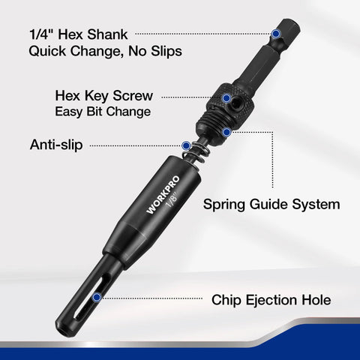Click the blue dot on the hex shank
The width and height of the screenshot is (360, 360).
point(277,34)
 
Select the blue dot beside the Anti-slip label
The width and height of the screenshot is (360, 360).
point(185,145)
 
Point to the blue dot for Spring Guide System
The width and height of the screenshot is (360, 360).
point(225,130)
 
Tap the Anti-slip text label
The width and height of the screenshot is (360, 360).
point(57,144)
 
